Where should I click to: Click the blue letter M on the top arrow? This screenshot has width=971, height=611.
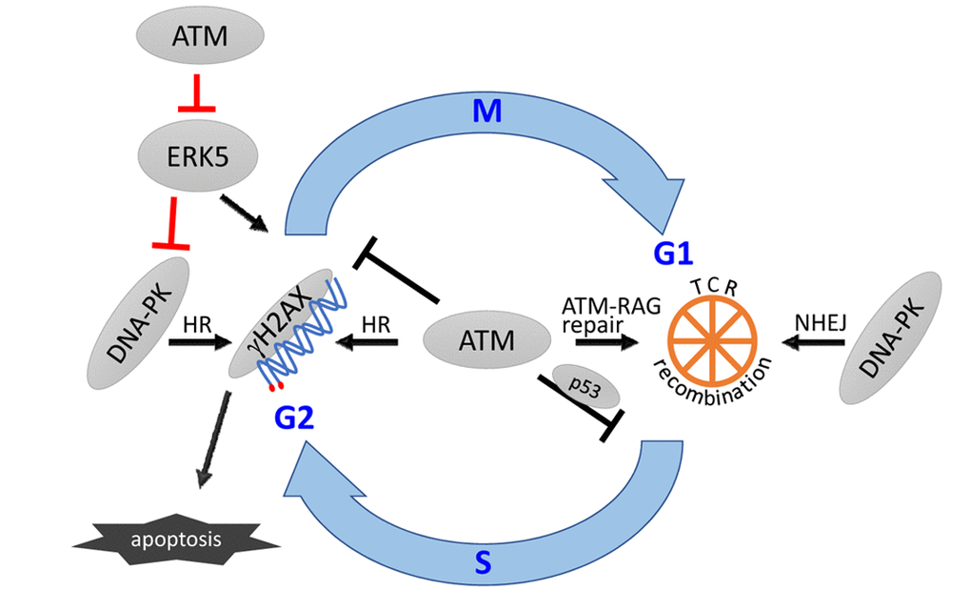[486, 112]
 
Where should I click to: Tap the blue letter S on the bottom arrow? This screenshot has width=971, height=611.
[483, 564]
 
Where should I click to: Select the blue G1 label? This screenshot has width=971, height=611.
[671, 254]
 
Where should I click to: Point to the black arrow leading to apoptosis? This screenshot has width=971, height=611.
[214, 441]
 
